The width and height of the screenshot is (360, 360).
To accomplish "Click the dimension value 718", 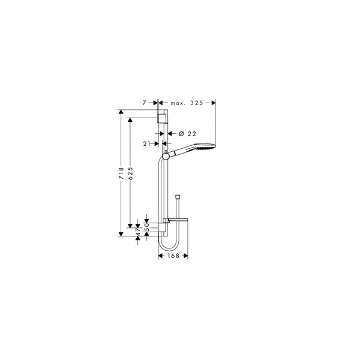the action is tap(121, 173).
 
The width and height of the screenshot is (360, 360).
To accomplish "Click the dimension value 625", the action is tap(130, 173).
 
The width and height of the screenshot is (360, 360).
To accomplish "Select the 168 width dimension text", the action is tap(173, 256).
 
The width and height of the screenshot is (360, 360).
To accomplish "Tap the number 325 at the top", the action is tap(197, 103).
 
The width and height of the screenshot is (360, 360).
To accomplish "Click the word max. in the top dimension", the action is tap(178, 103).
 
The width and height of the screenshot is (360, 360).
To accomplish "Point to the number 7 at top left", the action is tap(144, 103).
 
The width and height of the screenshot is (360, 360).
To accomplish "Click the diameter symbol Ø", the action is tap(182, 133).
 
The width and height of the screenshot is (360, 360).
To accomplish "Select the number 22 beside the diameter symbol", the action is tap(192, 134).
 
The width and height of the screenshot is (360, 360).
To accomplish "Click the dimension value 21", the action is tap(146, 144).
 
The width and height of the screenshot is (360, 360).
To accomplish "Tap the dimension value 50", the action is tap(147, 227).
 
